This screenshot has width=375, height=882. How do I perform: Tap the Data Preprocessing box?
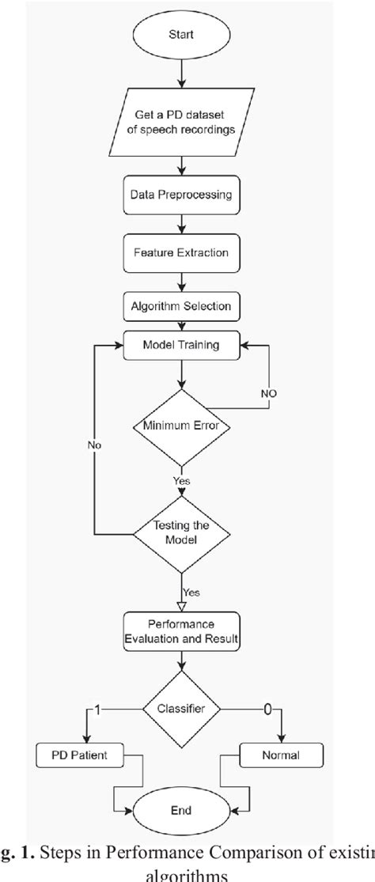tap(183, 195)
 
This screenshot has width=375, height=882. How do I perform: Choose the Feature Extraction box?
tap(183, 254)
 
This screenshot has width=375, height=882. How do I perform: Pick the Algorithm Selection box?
tap(183, 305)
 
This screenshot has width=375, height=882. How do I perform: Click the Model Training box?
tap(183, 346)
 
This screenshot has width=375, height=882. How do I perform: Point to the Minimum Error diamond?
tap(183, 427)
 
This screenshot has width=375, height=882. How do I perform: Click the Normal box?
tap(282, 756)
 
